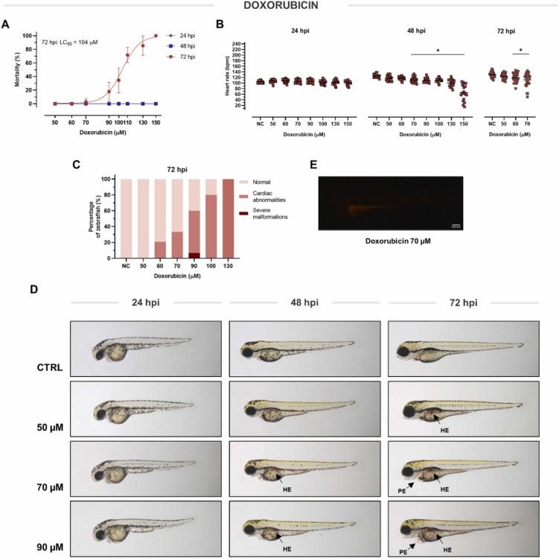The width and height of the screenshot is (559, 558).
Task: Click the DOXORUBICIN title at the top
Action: (x=280, y=7)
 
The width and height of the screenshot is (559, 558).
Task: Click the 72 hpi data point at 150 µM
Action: (x=156, y=36)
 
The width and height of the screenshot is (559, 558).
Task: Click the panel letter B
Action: (x=219, y=25)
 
